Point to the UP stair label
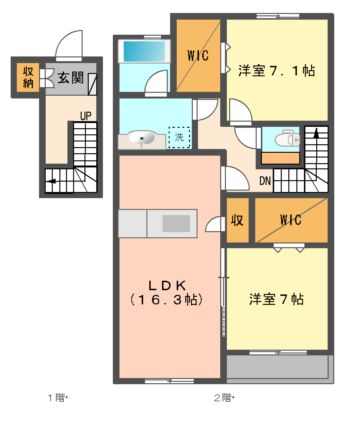tap(86, 116)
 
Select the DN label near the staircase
tap(265, 181)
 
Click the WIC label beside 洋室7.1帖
tap(196, 56)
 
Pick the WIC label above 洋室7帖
tap(292, 218)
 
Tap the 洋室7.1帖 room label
tap(276, 71)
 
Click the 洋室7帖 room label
tap(277, 299)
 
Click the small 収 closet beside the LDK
tap(237, 219)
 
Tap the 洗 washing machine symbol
tap(180, 137)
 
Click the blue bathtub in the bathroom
tap(143, 66)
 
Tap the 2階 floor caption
tap(222, 398)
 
